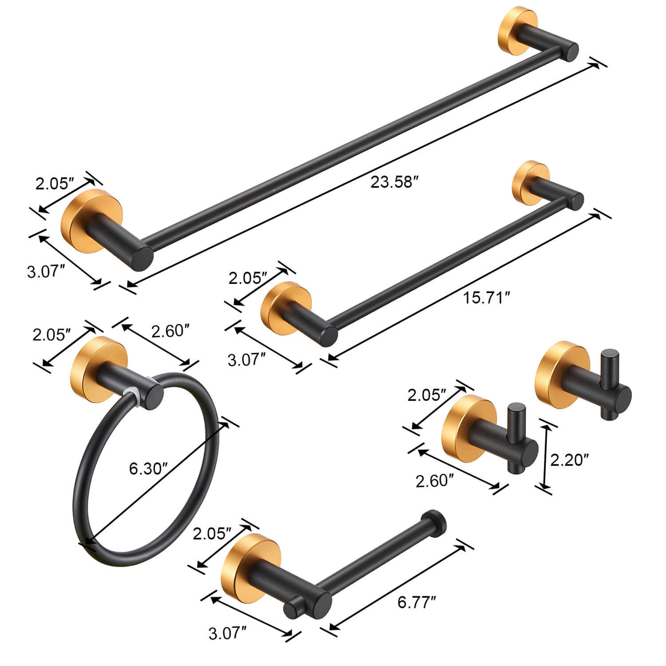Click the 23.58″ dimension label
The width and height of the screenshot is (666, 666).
(x=395, y=182)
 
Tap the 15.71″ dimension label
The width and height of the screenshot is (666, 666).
(x=486, y=297)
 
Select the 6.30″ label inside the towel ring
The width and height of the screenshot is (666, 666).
(x=148, y=468)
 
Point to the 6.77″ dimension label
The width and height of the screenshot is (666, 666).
(x=417, y=603)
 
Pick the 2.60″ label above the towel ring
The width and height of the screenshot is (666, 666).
(x=170, y=331)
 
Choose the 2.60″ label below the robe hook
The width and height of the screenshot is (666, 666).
(x=435, y=481)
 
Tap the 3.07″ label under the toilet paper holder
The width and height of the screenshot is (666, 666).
(x=227, y=633)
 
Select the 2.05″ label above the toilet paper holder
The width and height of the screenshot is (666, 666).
(x=212, y=533)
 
